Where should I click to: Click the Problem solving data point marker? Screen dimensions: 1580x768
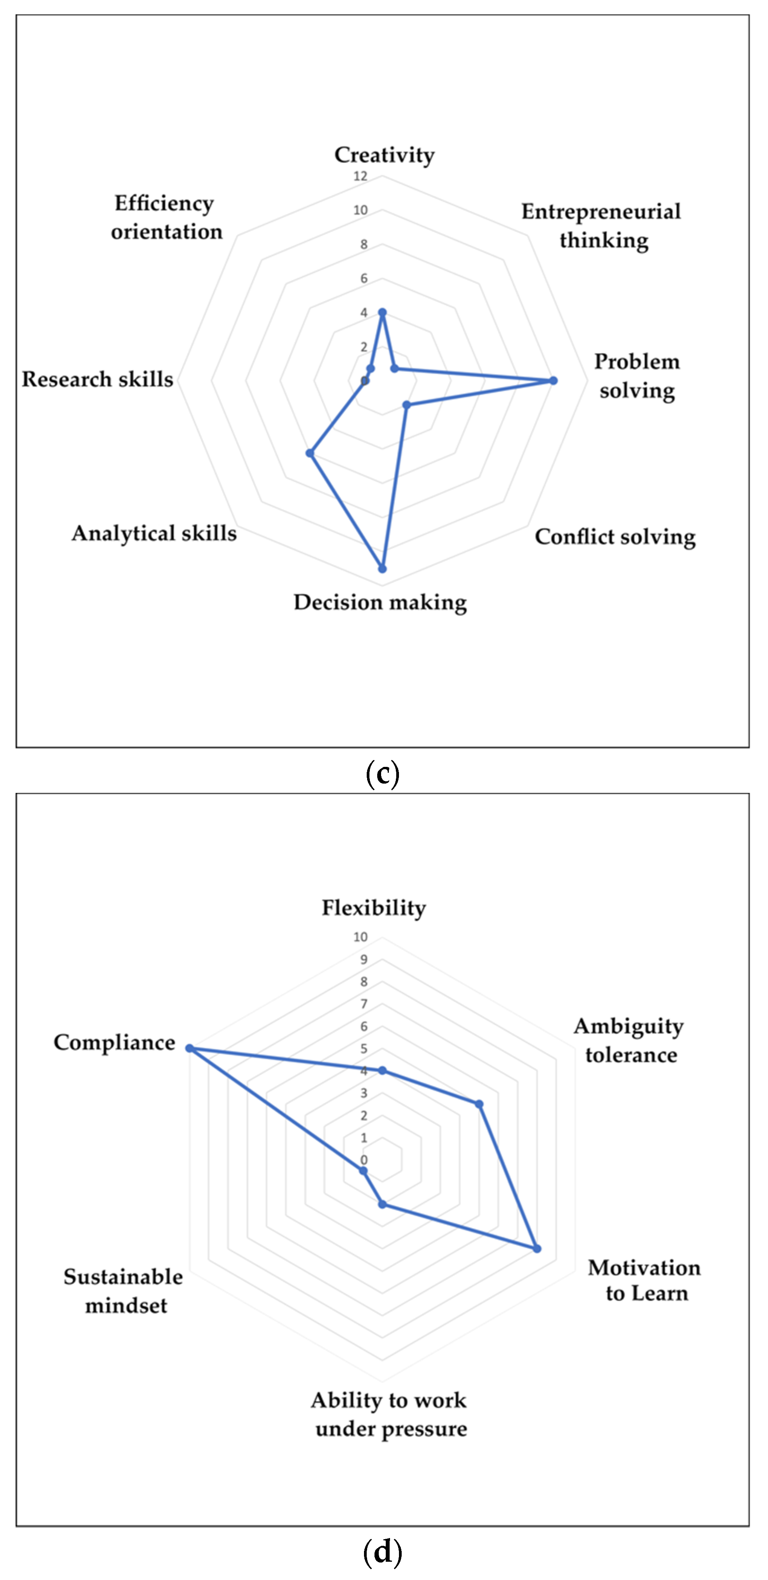(553, 380)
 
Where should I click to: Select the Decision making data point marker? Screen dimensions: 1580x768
(382, 569)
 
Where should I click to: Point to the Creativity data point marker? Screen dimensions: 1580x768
(382, 313)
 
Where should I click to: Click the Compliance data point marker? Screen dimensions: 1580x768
(190, 1049)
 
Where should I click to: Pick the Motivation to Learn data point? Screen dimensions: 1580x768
(537, 1248)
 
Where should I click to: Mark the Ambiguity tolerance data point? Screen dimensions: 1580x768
(479, 1104)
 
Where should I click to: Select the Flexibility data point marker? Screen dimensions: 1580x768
(382, 1071)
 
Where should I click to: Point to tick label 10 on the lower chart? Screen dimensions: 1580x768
(360, 937)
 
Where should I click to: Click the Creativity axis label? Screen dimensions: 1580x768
(384, 155)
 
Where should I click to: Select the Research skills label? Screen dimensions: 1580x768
(98, 379)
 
